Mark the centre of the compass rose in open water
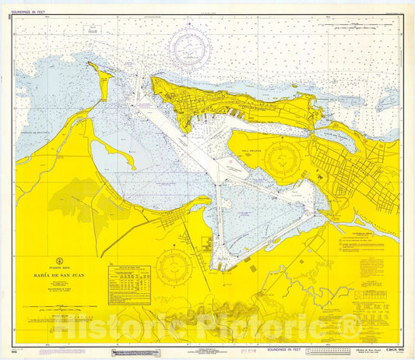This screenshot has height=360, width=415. pos(191,48)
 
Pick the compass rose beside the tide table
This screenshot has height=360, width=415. pos(172,270)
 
